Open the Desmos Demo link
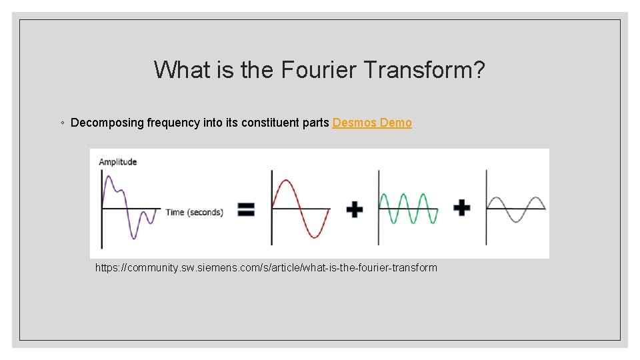coord(372,123)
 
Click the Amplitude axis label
coord(117,161)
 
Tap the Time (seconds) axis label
coord(194,212)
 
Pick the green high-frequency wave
coord(408,208)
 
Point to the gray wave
coord(517,208)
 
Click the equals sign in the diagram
coord(246,210)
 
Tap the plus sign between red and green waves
coord(355,209)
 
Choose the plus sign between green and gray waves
coord(461,208)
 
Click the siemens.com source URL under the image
coord(266,267)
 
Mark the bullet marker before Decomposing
coord(61,123)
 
